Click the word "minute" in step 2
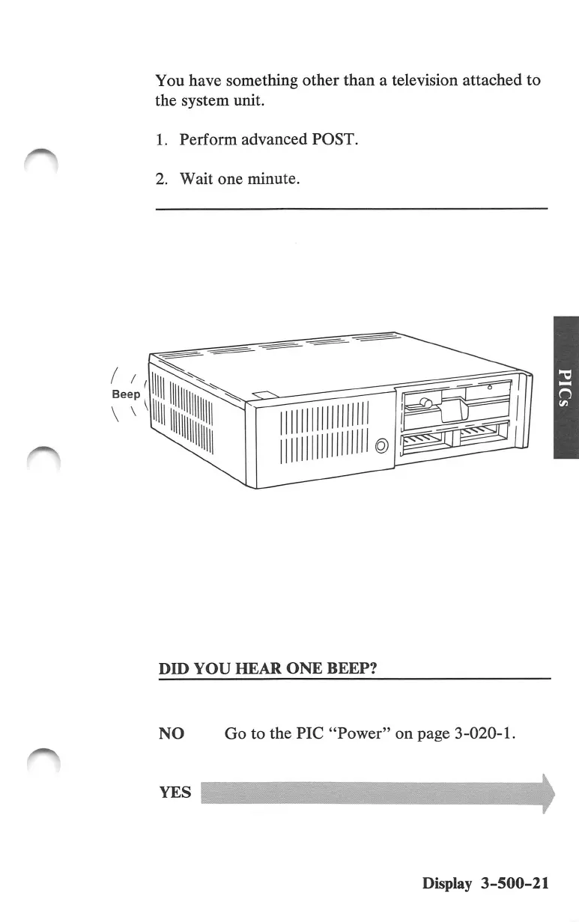click(x=273, y=179)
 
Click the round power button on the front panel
click(x=381, y=447)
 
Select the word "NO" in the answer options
click(x=172, y=734)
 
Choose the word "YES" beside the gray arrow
click(x=175, y=792)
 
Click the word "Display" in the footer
click(x=447, y=883)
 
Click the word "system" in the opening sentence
click(x=204, y=100)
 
